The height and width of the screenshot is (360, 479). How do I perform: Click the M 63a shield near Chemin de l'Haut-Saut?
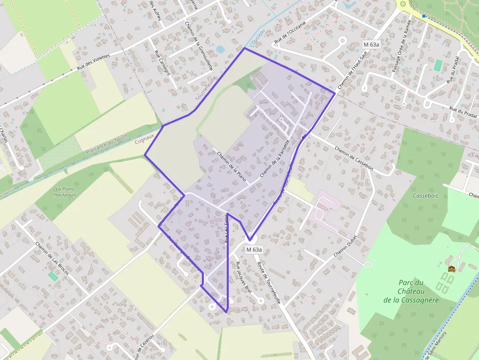(x=371, y=44)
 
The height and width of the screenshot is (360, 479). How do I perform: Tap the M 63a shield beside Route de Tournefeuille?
(x=254, y=250)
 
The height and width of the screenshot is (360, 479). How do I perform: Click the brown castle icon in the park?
(x=451, y=268)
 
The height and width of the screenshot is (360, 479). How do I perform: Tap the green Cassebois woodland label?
(x=425, y=195)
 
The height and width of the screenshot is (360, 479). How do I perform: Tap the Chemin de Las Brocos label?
(x=52, y=258)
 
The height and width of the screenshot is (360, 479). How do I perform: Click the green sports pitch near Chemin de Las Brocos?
(x=53, y=276)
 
